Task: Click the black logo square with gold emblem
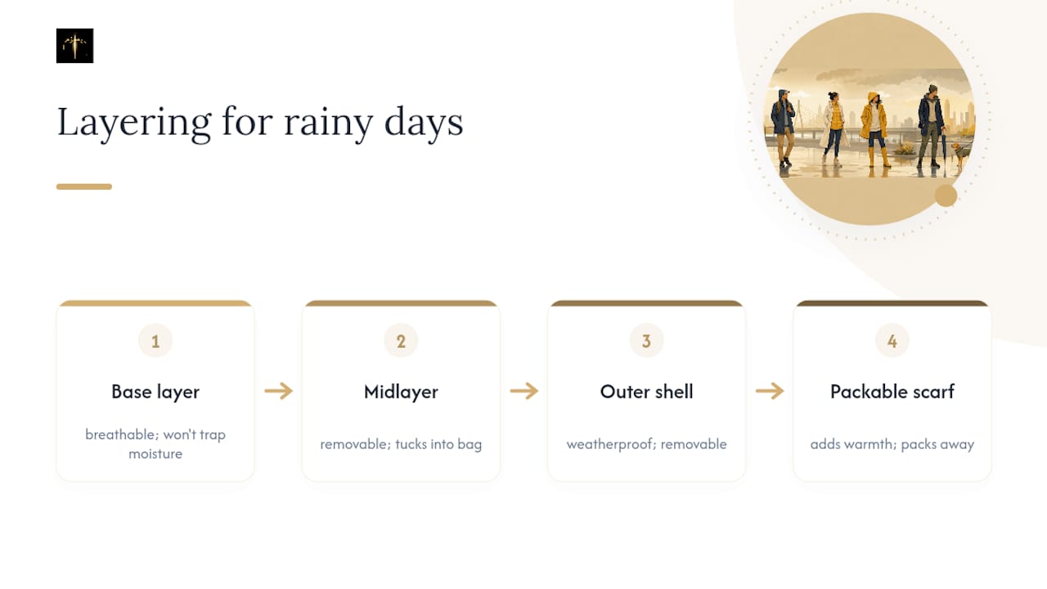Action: [x=74, y=46]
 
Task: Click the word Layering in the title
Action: [x=134, y=123]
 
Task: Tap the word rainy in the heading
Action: [x=329, y=123]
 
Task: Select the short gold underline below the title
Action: [x=84, y=187]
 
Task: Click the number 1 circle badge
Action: [x=155, y=341]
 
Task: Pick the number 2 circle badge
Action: [x=401, y=341]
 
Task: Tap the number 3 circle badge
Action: [x=646, y=341]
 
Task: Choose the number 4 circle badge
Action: [x=892, y=341]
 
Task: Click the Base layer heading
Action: [x=155, y=392]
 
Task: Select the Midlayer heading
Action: [x=401, y=392]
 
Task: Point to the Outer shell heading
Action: [x=646, y=392]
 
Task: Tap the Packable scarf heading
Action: [x=892, y=392]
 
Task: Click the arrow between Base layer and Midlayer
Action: [x=279, y=391]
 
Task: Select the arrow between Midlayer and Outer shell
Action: [x=524, y=391]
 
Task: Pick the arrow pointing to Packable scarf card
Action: [x=770, y=391]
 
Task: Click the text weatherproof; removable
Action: [x=646, y=444]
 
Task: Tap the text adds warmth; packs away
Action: [x=892, y=444]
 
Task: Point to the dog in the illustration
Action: [x=960, y=153]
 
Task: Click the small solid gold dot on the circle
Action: [x=946, y=196]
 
